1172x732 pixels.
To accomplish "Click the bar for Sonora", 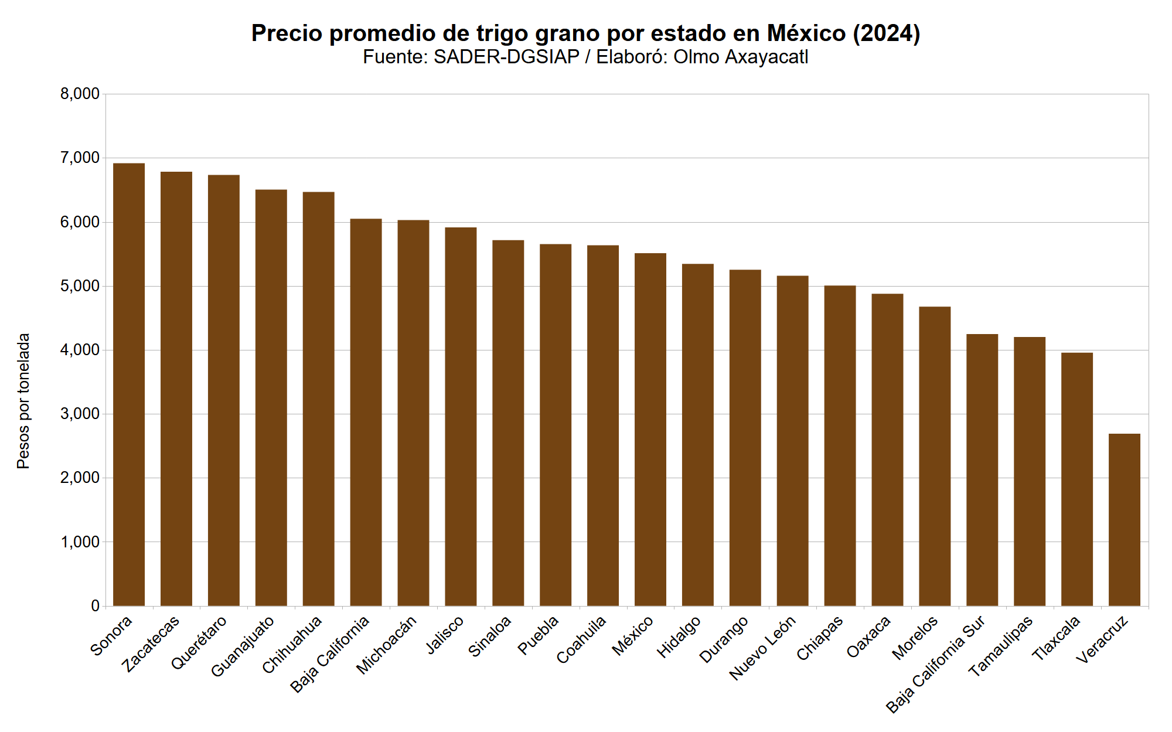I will (x=129, y=384).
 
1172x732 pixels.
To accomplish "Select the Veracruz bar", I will (x=1125, y=520).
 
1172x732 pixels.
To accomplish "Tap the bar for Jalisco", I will (x=461, y=417).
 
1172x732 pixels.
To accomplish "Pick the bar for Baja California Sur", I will (x=982, y=470).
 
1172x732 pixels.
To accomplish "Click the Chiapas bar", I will (x=840, y=445).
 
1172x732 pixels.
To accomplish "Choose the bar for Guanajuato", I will (x=271, y=397).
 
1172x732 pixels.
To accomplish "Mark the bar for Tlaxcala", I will (x=1077, y=479).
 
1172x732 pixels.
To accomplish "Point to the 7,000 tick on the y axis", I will (x=80, y=158).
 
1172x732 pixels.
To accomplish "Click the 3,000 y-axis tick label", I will (x=80, y=414).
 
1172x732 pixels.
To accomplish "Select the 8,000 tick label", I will (x=80, y=94).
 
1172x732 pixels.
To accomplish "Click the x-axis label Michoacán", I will (x=387, y=645).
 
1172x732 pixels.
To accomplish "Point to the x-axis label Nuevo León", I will (x=762, y=648).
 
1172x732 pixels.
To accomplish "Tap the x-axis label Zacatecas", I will (x=151, y=644).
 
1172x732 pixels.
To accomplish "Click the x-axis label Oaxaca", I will (x=869, y=636).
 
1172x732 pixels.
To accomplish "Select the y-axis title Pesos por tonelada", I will (x=23, y=401).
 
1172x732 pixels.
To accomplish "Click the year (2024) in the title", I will (x=886, y=33).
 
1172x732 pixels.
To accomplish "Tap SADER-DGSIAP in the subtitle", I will (x=506, y=57).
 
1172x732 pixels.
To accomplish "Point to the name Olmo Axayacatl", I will (x=741, y=57).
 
